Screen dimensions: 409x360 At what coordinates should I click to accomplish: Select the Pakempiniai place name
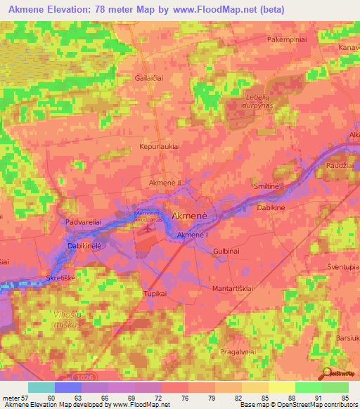(x=286, y=40)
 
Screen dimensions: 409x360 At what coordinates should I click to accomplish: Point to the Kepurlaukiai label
(x=160, y=146)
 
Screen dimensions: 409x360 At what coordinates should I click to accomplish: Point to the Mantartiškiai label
(x=232, y=288)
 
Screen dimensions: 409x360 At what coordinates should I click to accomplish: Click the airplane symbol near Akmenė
(x=147, y=228)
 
